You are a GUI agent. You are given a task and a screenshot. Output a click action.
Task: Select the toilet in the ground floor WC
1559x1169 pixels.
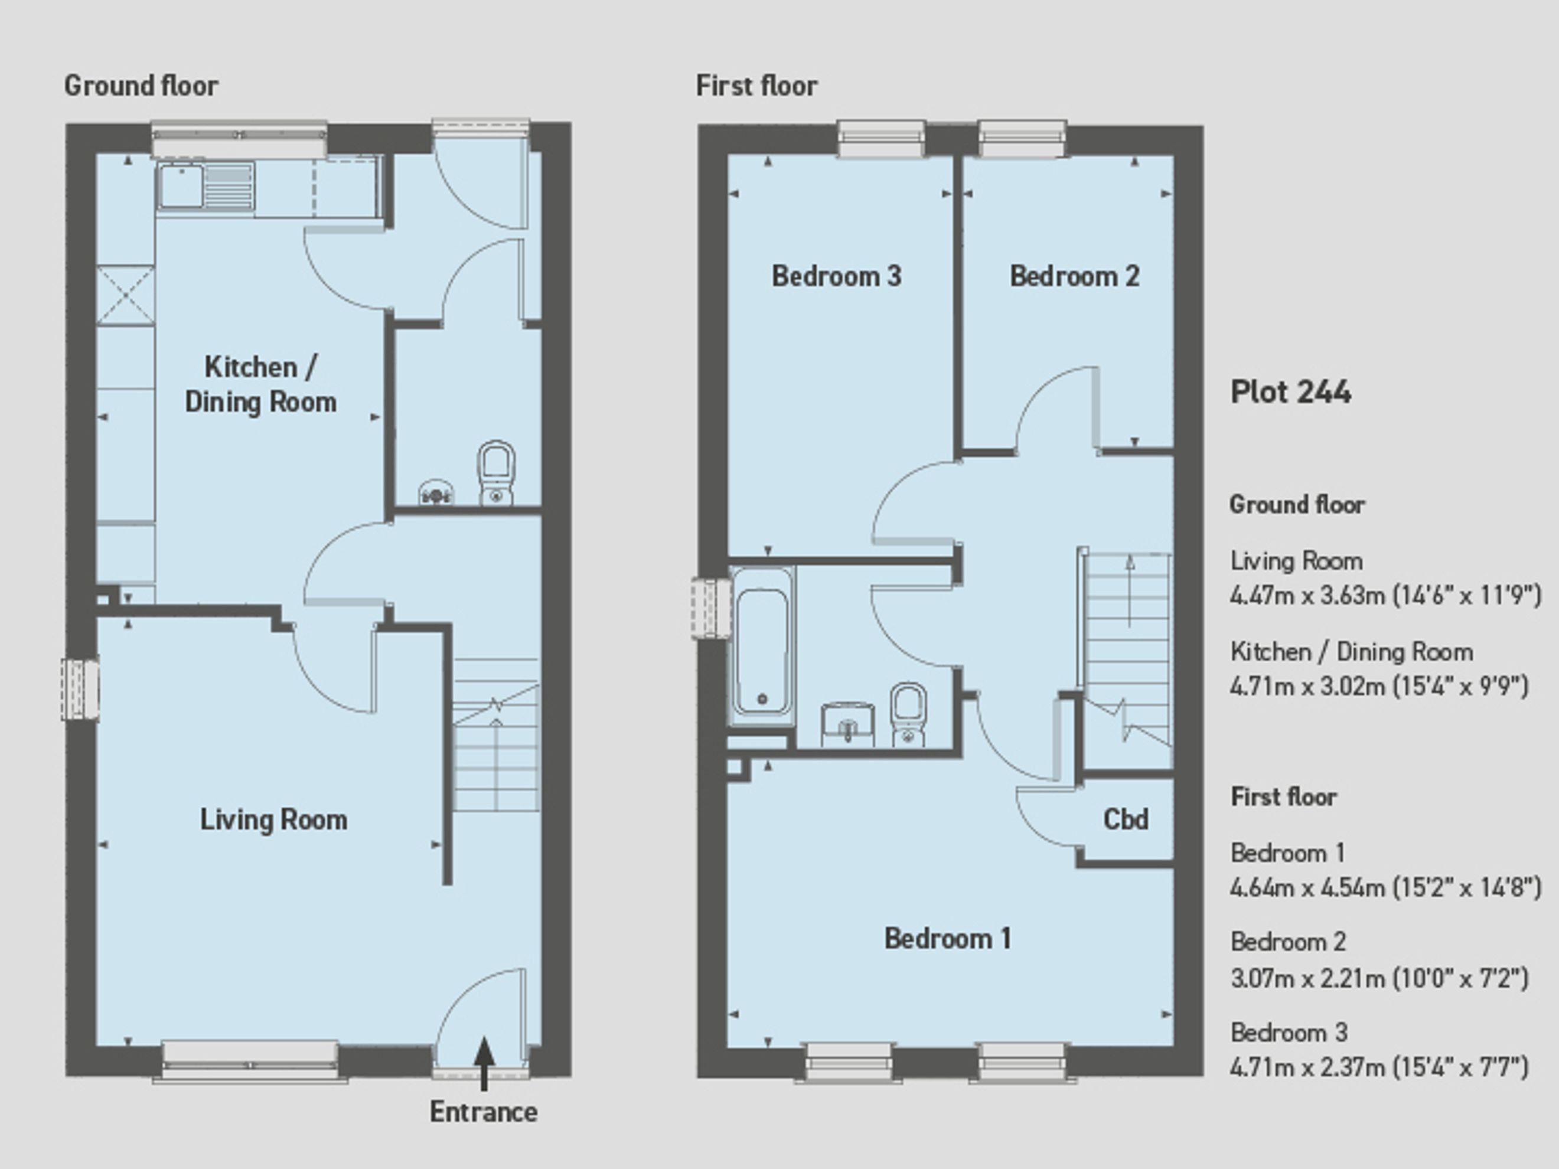(x=496, y=472)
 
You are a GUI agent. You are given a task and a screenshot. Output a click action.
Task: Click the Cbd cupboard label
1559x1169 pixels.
(x=1126, y=819)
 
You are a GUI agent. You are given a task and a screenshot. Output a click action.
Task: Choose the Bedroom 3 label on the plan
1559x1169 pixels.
(x=837, y=276)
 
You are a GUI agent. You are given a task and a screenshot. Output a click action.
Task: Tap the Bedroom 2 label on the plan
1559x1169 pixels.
(x=1075, y=276)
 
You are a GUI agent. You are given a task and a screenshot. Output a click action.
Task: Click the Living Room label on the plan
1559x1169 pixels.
(x=273, y=819)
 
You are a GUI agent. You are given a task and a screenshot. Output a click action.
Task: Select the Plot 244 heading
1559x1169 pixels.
(x=1290, y=392)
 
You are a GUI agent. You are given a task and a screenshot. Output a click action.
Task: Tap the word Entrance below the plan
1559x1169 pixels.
(x=484, y=1112)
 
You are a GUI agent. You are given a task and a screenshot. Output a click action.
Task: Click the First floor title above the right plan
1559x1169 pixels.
(x=757, y=86)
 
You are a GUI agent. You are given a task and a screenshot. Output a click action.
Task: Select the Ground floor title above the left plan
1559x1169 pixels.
(x=142, y=86)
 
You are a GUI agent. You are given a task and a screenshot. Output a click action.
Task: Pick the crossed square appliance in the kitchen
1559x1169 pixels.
(x=125, y=295)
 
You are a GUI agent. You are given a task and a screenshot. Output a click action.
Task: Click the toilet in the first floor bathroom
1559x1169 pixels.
(x=908, y=713)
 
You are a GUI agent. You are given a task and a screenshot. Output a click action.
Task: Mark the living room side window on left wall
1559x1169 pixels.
(x=80, y=690)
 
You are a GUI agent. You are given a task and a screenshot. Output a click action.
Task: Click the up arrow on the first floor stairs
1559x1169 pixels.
(x=1130, y=590)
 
